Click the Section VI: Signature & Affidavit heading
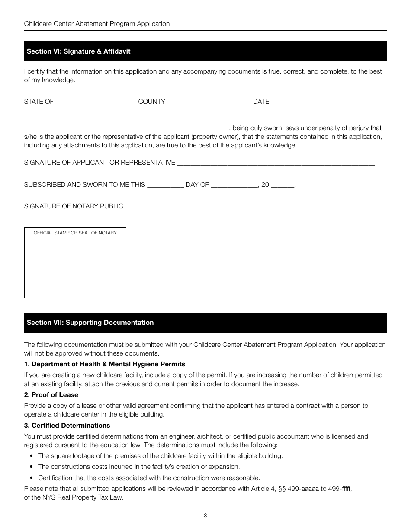[x=78, y=51]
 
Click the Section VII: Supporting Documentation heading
[x=90, y=323]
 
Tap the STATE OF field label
[x=39, y=102]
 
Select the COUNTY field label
[x=151, y=102]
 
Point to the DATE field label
[x=261, y=102]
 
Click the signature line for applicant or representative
[x=276, y=163]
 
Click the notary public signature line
[x=217, y=207]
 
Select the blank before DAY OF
[x=165, y=186]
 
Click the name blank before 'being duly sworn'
[x=126, y=128]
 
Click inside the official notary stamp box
[x=75, y=266]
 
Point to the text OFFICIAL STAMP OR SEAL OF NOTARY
[x=75, y=233]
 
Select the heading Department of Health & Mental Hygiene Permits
[x=104, y=364]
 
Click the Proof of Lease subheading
[x=51, y=395]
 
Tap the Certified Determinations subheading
[x=67, y=426]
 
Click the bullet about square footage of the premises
[x=160, y=456]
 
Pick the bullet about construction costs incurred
[x=138, y=467]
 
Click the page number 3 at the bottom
[x=205, y=515]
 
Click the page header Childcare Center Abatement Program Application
[x=97, y=24]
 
